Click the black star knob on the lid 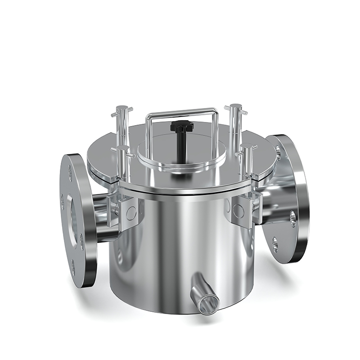click(182, 127)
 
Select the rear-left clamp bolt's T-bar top click(121, 109)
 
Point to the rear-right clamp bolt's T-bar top click(235, 108)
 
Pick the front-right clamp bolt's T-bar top click(247, 147)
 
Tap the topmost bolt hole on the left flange click(70, 173)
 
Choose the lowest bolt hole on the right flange click(275, 246)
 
